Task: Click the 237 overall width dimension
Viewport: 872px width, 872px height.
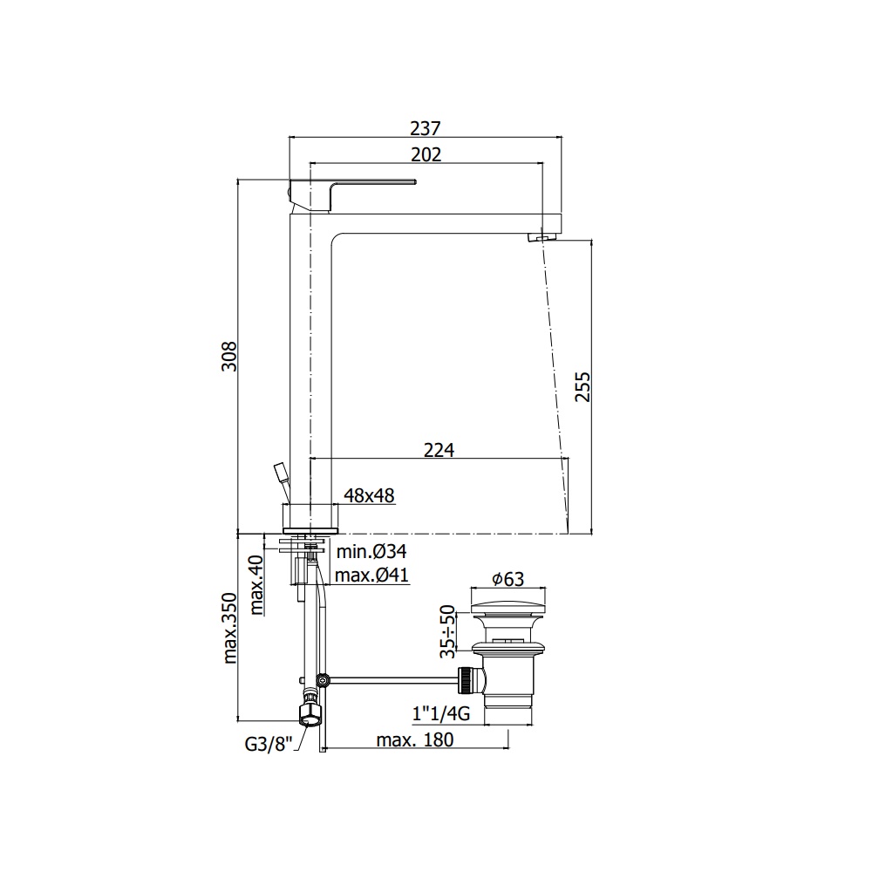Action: [x=426, y=128]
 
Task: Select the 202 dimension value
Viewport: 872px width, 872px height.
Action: [x=426, y=154]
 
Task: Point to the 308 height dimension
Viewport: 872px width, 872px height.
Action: [x=229, y=357]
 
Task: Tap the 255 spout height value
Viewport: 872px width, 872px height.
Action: [x=582, y=386]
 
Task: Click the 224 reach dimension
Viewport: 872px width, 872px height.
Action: [x=439, y=449]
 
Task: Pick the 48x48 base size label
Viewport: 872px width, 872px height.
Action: [x=369, y=495]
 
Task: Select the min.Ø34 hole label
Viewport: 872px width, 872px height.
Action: [x=371, y=551]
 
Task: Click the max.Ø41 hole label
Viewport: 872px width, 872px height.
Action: [x=371, y=575]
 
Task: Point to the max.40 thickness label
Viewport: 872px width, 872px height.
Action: [x=255, y=584]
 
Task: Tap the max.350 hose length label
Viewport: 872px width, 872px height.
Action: [x=229, y=628]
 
